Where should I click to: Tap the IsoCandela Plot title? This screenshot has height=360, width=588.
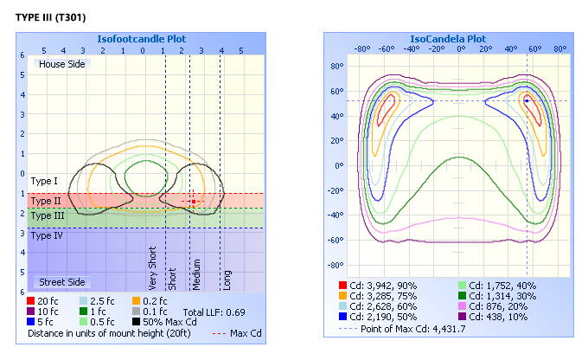[452, 39]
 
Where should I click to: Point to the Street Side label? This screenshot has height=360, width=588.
[61, 282]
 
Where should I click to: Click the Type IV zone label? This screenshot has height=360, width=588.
[46, 235]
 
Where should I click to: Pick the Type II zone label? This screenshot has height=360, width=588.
[45, 200]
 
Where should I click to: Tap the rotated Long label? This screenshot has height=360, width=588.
[227, 278]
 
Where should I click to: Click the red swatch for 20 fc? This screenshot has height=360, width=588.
[32, 300]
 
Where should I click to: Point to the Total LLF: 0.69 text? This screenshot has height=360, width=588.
[214, 311]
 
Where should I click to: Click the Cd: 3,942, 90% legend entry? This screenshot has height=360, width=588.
[384, 285]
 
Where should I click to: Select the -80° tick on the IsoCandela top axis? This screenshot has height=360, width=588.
[362, 48]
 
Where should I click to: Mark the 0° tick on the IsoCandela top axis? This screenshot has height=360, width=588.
[461, 48]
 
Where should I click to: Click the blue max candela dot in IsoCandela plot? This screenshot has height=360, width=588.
[527, 100]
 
